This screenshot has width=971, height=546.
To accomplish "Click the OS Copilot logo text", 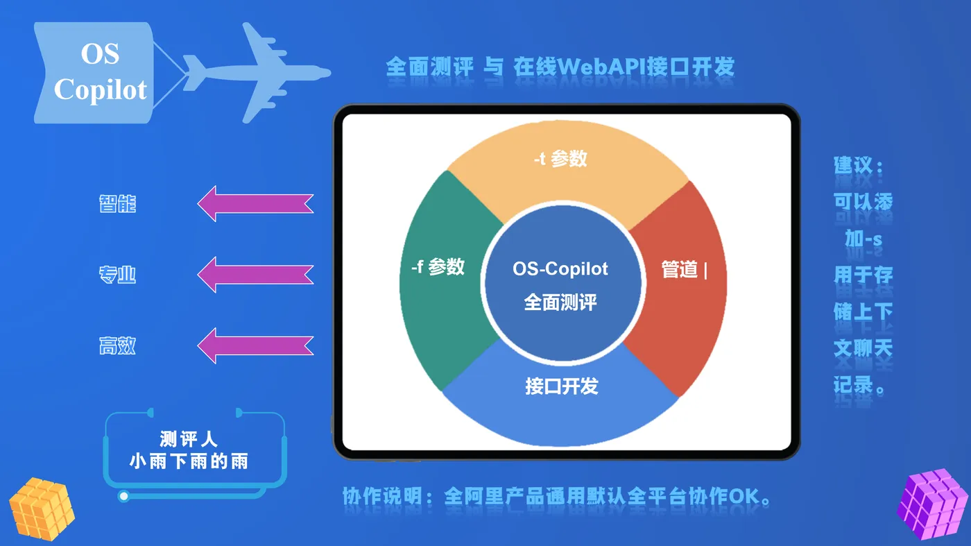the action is click(100, 71).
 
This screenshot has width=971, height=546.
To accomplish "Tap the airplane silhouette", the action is click(257, 72).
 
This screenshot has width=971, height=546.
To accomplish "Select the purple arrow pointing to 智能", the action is click(255, 203).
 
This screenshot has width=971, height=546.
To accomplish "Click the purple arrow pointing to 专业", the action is click(255, 275).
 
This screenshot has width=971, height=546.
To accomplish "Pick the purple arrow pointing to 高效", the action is click(255, 345).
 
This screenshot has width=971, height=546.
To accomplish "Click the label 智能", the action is click(117, 203).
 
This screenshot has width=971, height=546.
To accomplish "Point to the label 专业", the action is click(117, 275).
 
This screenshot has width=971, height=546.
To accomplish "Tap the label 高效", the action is click(117, 345).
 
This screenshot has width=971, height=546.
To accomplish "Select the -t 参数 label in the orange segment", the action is click(560, 159).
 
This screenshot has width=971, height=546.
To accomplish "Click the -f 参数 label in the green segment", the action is click(438, 266).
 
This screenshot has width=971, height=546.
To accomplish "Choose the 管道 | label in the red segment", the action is click(685, 269).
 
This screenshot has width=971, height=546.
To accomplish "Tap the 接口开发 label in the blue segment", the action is click(562, 386).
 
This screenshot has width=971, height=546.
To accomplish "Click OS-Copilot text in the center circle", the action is click(560, 269).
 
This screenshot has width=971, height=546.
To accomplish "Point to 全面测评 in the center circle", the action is click(560, 302).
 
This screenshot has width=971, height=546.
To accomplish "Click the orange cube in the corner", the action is click(42, 509).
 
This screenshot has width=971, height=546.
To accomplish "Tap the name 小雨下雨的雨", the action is click(189, 461).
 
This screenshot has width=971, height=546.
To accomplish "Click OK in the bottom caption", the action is click(744, 496).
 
